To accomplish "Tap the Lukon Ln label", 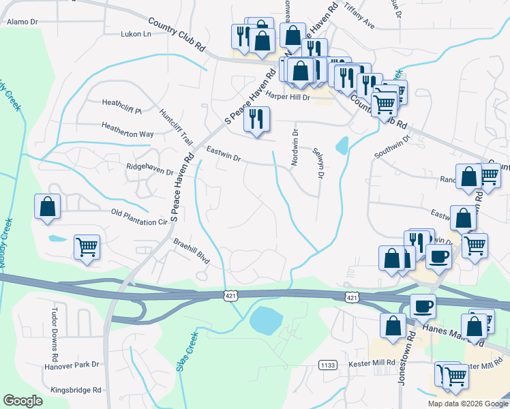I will pyautogui.click(x=135, y=33).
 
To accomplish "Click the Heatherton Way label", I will pyautogui.click(x=127, y=134).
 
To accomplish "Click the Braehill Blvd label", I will pyautogui.click(x=192, y=251).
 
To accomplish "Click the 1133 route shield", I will pyautogui.click(x=328, y=365).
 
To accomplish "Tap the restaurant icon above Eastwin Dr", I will pyautogui.click(x=256, y=119).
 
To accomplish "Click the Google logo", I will pyautogui.click(x=23, y=401).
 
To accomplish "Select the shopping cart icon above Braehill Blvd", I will pyautogui.click(x=87, y=247).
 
